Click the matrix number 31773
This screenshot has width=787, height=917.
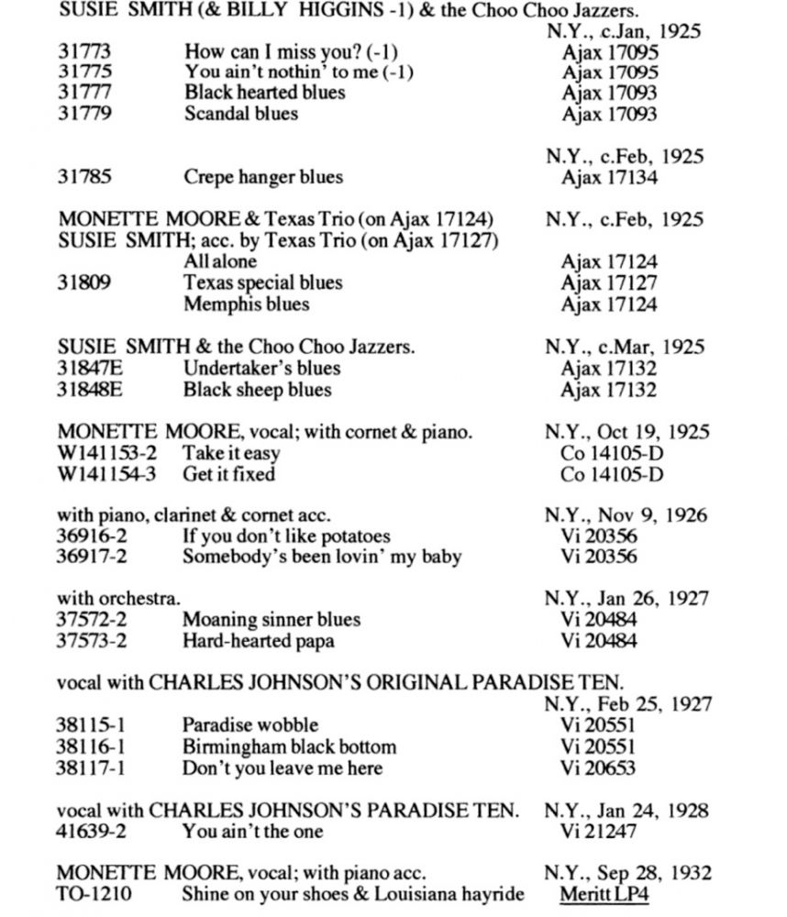coord(84,51)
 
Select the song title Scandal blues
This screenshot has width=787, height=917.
coord(240,114)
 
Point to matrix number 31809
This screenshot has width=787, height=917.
coord(84,282)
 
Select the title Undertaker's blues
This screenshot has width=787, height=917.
coord(261,369)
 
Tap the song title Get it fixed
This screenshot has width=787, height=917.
coord(228,474)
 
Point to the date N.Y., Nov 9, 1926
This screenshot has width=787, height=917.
coord(626,515)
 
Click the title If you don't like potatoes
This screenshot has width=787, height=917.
coord(286,536)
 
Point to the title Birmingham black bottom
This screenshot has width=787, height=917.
coord(289,746)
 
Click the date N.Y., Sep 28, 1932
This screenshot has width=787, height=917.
coord(627,873)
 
